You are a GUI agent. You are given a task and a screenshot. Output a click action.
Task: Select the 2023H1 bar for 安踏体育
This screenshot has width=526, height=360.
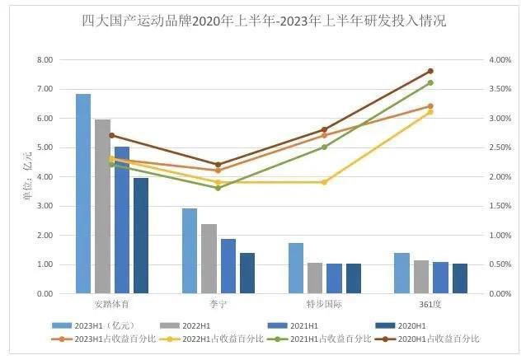(x=83, y=194)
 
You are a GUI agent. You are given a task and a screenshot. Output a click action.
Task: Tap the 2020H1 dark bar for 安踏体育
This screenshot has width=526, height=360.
(x=141, y=236)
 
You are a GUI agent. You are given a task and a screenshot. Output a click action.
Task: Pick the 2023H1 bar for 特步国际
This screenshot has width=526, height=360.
(x=296, y=268)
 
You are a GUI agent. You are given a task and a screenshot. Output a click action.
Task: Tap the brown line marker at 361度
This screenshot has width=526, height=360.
(x=430, y=71)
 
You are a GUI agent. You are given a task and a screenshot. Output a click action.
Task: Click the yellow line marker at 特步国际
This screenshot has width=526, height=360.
(x=324, y=182)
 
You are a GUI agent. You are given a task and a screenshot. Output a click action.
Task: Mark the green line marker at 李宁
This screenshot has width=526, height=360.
(x=218, y=188)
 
